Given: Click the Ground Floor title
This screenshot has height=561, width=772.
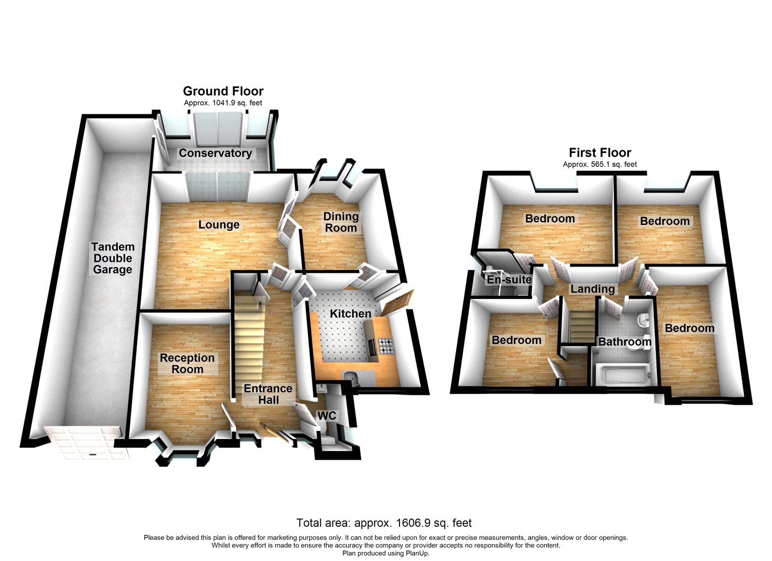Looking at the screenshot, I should (x=223, y=91).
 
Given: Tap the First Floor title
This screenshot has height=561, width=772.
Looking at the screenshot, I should (x=600, y=153).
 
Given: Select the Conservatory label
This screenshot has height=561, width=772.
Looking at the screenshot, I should (x=215, y=153).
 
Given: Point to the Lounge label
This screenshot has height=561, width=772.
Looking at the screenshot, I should (x=219, y=225).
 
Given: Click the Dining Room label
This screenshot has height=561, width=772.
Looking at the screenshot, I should (x=341, y=222).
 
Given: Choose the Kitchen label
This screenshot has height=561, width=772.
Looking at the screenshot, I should (x=350, y=314).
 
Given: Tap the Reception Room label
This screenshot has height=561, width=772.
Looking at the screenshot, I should (x=187, y=364).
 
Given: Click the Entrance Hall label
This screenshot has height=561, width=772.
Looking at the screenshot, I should (x=268, y=394).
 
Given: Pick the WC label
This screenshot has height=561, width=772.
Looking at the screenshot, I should (x=326, y=416).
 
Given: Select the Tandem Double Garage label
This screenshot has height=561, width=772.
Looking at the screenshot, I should (x=113, y=258).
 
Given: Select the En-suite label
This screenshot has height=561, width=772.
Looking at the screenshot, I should (x=509, y=279).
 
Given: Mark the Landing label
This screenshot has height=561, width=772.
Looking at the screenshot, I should (x=593, y=289).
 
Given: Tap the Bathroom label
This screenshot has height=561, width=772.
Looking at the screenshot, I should (x=624, y=342).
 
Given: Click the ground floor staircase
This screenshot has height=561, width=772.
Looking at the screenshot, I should (x=249, y=338).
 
